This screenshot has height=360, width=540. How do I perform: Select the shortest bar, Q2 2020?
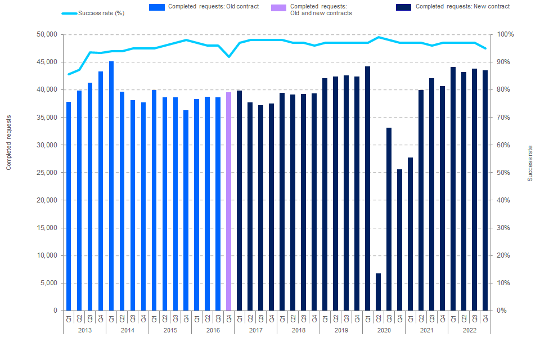[378, 292]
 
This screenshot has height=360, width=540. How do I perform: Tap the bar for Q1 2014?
[111, 186]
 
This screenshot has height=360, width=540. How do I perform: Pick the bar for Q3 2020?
[389, 219]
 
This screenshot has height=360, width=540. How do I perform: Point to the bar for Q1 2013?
[69, 206]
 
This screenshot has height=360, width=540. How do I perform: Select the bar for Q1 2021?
[410, 234]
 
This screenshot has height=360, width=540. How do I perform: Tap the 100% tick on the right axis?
[505, 34]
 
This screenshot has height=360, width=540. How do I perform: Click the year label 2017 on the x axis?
[255, 330]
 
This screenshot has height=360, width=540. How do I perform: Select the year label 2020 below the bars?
[384, 330]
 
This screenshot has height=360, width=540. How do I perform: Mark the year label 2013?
[84, 330]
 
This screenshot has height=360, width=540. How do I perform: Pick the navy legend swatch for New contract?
[403, 7]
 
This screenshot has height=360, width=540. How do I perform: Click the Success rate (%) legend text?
[101, 13]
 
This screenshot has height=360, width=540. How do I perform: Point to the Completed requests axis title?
[9, 142]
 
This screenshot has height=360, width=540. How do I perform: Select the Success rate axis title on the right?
[530, 163]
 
